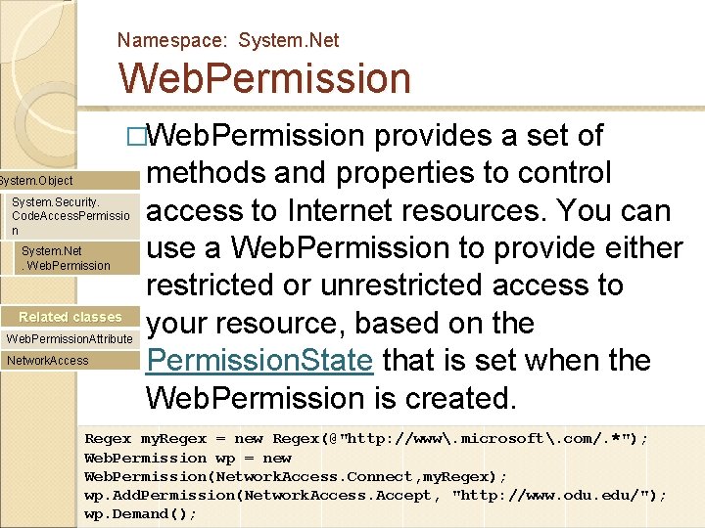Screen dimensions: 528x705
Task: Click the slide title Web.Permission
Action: point(264,79)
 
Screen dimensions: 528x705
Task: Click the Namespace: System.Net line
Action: point(228,40)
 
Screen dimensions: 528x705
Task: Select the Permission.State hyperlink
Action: point(259,361)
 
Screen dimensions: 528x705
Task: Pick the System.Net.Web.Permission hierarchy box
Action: point(67,258)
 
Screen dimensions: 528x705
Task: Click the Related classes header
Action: point(70,317)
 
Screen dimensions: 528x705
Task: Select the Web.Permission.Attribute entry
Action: point(70,338)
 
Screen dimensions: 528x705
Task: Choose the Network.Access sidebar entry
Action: point(48,361)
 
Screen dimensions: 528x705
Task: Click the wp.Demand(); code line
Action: point(140,513)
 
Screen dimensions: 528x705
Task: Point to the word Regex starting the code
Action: point(108,439)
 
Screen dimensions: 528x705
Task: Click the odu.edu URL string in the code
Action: point(558,495)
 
